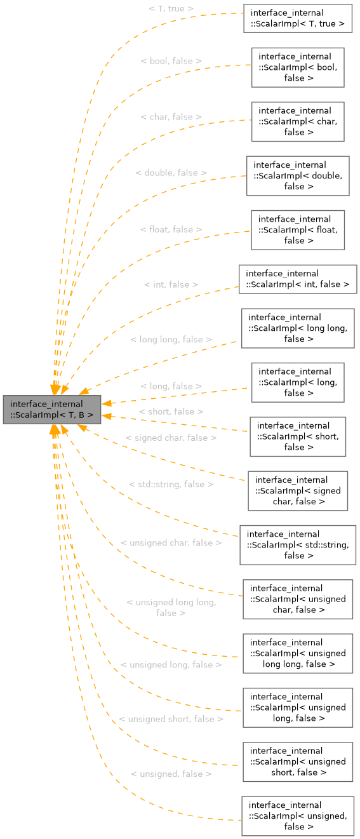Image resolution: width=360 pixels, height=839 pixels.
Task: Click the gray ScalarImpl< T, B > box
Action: click(x=52, y=410)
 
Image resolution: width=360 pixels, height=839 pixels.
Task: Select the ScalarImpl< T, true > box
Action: click(x=298, y=18)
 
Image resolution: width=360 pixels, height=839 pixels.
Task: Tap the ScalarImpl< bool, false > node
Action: click(x=298, y=67)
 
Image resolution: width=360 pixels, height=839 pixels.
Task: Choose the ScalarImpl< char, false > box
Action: click(x=298, y=121)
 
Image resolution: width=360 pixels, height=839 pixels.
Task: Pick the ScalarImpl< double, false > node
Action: click(x=298, y=175)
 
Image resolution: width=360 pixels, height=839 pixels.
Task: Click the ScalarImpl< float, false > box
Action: click(x=298, y=230)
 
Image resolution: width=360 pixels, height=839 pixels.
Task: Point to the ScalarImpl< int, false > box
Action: click(x=298, y=279)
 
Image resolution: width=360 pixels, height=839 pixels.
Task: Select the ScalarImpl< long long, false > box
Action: click(x=298, y=328)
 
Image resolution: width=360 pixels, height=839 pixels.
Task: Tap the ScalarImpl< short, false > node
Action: click(x=298, y=436)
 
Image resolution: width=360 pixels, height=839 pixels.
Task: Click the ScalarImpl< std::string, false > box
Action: click(x=298, y=545)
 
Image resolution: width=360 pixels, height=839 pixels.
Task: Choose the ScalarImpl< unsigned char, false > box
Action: click(x=298, y=599)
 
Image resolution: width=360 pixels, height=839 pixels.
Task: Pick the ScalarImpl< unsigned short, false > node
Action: click(x=298, y=762)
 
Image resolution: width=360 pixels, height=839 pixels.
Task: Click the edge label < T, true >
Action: click(x=171, y=9)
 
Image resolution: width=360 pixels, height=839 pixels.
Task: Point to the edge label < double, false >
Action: click(x=171, y=172)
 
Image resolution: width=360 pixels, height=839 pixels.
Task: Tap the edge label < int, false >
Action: click(x=171, y=285)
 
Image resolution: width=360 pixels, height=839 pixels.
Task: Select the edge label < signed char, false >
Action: click(x=171, y=438)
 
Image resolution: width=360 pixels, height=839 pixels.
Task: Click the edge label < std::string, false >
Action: click(x=171, y=484)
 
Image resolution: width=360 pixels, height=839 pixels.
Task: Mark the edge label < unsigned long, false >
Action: click(x=171, y=664)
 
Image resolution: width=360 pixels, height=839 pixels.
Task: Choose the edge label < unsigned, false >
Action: click(x=171, y=774)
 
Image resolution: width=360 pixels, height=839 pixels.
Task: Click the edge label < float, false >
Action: click(x=171, y=229)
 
